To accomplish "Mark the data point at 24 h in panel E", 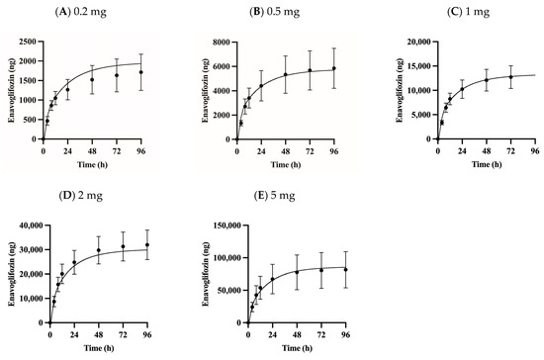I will pos(272,280).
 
